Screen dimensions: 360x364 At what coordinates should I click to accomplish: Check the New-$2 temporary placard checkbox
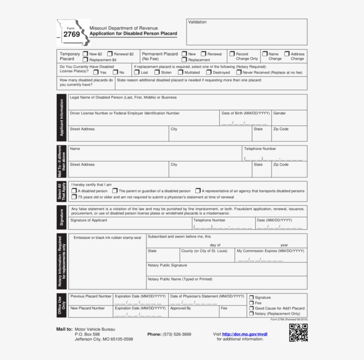(85, 54)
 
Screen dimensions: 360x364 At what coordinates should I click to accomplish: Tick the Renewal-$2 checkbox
(110, 54)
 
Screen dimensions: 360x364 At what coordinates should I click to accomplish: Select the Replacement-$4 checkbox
(85, 59)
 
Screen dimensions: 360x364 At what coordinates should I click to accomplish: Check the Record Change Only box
(232, 54)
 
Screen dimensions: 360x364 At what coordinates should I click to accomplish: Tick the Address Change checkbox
(287, 54)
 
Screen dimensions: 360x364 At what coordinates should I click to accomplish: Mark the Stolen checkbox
(157, 72)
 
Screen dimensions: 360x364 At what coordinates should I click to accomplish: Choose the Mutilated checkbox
(181, 72)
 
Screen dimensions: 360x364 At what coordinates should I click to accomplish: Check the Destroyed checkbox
(209, 72)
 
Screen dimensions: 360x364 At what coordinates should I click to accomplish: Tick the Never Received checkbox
(239, 72)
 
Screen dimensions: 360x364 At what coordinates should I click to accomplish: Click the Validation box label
(197, 22)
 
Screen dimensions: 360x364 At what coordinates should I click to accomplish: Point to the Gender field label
(280, 113)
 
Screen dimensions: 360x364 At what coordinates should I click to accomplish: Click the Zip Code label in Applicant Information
(281, 129)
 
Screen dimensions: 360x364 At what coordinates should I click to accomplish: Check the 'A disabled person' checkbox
(74, 191)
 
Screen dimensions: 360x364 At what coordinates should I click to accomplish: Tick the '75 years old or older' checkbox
(74, 197)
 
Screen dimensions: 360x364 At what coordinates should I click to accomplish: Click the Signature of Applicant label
(89, 220)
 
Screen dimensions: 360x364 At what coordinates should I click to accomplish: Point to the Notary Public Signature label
(167, 265)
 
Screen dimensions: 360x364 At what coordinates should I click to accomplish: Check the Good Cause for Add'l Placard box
(252, 308)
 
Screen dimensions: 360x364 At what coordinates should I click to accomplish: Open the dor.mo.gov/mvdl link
(245, 334)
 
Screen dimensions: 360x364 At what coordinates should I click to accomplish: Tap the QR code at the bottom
(298, 333)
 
